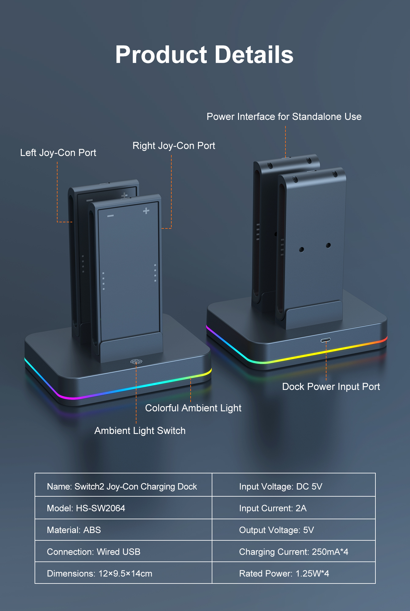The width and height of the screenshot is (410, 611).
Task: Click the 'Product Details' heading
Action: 204,55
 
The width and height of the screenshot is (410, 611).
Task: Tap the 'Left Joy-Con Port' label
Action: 58,153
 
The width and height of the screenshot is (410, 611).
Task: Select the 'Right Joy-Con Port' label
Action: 174,146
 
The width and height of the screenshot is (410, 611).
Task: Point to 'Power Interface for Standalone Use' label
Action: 284,117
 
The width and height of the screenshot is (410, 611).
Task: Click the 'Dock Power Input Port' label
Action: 331,387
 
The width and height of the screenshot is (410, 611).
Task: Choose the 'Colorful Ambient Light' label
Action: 193,408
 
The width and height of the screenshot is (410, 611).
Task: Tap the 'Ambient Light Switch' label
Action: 140,431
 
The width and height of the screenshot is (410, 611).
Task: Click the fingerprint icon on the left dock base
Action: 136,362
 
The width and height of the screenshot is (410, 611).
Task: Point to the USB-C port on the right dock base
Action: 325,340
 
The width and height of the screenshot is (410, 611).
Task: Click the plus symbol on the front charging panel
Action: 146,211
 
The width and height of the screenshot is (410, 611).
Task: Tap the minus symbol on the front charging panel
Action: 110,216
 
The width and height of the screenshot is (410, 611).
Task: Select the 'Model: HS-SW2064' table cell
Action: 86,508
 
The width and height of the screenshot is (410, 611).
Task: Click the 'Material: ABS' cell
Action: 74,530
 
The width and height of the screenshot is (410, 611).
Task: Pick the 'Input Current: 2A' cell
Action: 273,508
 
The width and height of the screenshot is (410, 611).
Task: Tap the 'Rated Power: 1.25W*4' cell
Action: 284,573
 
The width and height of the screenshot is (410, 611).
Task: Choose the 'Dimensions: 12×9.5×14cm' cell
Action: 99,573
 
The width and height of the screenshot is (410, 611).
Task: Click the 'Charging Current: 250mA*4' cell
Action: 293,552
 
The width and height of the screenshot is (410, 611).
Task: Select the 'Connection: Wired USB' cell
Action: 94,552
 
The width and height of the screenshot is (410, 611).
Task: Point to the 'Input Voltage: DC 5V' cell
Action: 281,487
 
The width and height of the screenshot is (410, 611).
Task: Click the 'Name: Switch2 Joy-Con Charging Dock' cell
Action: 122,487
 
